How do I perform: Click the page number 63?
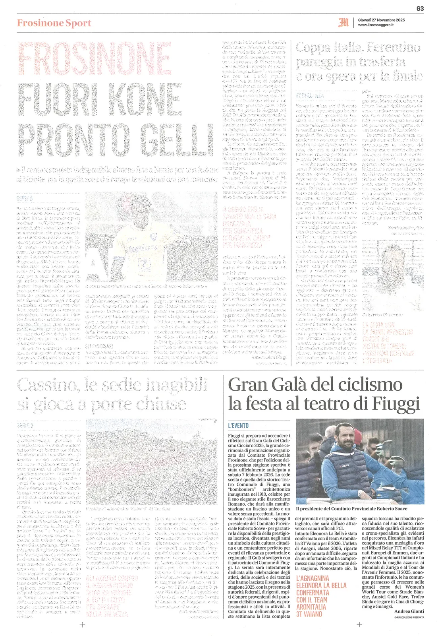(420, 8)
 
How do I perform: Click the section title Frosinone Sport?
(54, 23)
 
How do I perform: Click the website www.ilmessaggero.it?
(376, 25)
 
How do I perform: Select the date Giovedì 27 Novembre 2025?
(381, 19)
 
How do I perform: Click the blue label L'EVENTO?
(238, 425)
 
